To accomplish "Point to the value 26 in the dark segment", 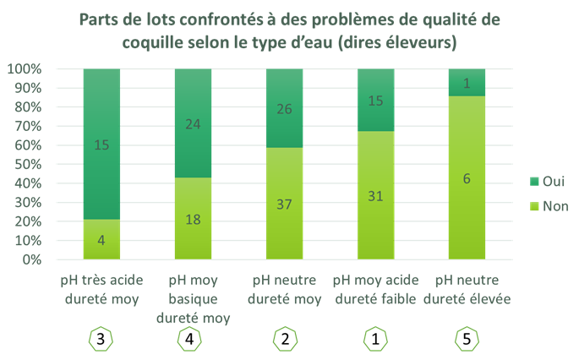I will [285, 108].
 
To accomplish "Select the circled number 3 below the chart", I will [101, 340].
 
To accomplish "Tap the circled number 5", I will [465, 340].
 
